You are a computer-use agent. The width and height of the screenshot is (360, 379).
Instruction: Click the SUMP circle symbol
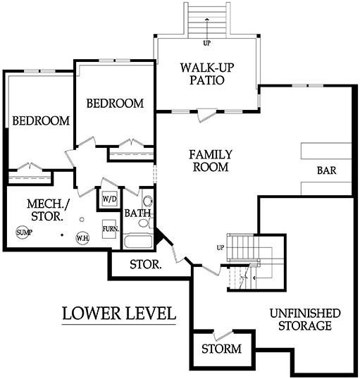tap(23, 232)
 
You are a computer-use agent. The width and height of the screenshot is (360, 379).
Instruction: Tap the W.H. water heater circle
tap(82, 238)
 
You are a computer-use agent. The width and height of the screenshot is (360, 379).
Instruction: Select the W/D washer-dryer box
tap(109, 199)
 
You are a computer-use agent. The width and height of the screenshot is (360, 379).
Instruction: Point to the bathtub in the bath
tap(137, 241)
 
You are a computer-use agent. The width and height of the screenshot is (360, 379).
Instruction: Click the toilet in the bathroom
tap(144, 223)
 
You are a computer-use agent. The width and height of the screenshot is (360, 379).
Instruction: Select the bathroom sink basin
tap(147, 201)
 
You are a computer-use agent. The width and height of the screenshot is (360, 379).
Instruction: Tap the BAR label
tap(326, 170)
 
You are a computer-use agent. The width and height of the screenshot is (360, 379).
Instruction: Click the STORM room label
tap(221, 349)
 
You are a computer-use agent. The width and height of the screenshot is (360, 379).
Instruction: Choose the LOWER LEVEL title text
tap(119, 313)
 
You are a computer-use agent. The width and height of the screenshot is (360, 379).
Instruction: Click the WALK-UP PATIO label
tap(207, 74)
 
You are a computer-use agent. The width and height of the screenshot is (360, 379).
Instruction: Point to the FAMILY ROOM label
tap(211, 161)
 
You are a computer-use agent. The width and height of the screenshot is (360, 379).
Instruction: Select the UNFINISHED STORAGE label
tap(305, 320)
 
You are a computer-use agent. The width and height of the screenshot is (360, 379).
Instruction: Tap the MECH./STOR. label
tap(48, 210)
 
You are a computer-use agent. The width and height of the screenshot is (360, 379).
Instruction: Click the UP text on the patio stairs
tap(206, 43)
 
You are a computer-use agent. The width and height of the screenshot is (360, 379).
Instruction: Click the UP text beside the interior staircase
tap(221, 248)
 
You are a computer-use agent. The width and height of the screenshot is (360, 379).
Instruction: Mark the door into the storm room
tap(223, 335)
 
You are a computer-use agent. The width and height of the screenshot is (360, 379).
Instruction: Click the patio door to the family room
tap(206, 115)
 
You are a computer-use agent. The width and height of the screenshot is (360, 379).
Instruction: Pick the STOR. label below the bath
tap(145, 264)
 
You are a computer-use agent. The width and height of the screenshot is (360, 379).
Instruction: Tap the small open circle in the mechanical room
tap(82, 220)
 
